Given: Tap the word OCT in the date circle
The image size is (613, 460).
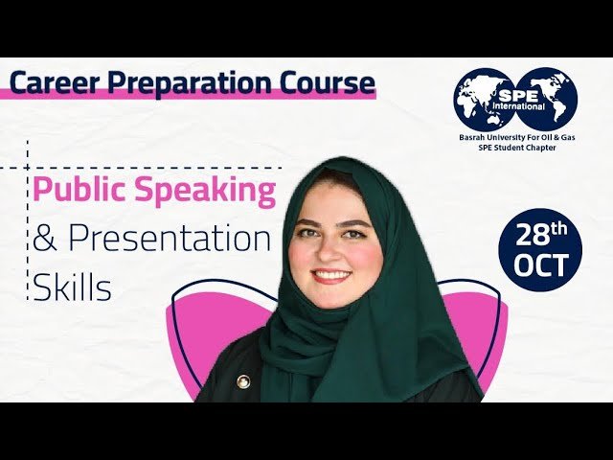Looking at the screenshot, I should (540, 264).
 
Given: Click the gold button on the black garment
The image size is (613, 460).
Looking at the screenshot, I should (243, 380).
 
